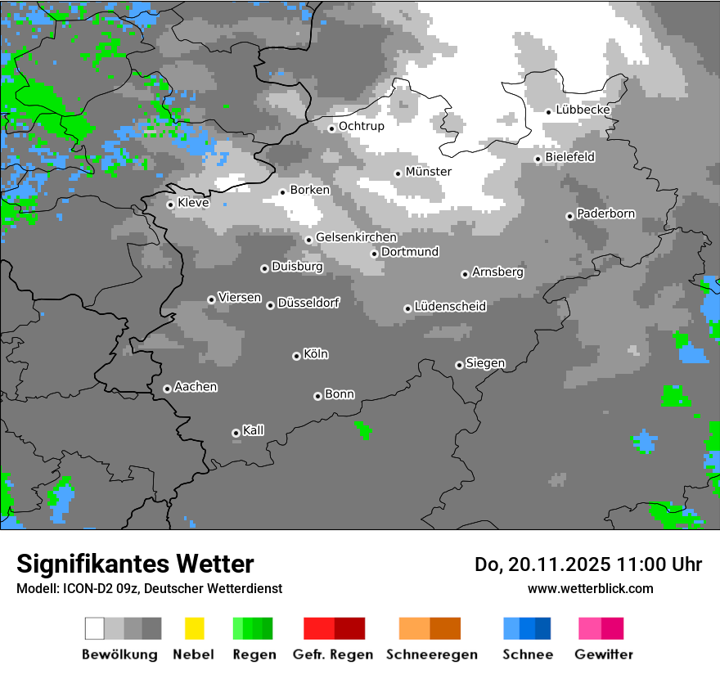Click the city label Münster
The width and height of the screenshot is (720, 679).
point(429,172)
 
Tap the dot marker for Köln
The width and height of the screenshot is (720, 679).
point(296,356)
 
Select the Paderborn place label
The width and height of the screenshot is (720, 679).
point(606,214)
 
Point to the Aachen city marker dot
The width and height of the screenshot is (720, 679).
point(167,389)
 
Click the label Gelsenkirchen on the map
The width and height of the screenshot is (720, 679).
point(356,238)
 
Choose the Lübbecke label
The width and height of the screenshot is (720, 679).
point(583,110)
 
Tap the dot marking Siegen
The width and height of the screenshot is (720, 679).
point(459,365)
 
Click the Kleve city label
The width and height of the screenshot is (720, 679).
point(193,203)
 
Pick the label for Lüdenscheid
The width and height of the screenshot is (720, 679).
point(450,307)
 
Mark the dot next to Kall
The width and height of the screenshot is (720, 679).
point(236,433)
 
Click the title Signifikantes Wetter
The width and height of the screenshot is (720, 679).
point(135,564)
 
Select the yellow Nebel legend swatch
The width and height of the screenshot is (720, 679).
point(194,628)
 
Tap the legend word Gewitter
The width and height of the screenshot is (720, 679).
point(604,654)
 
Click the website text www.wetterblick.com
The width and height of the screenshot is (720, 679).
point(590,588)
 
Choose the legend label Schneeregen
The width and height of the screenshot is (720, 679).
point(432,654)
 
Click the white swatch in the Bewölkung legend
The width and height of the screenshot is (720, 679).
point(95,628)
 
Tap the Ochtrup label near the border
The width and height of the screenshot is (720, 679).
point(362,126)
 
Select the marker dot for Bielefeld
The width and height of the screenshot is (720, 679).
point(538,159)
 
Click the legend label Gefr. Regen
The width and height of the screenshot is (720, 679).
point(333,654)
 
